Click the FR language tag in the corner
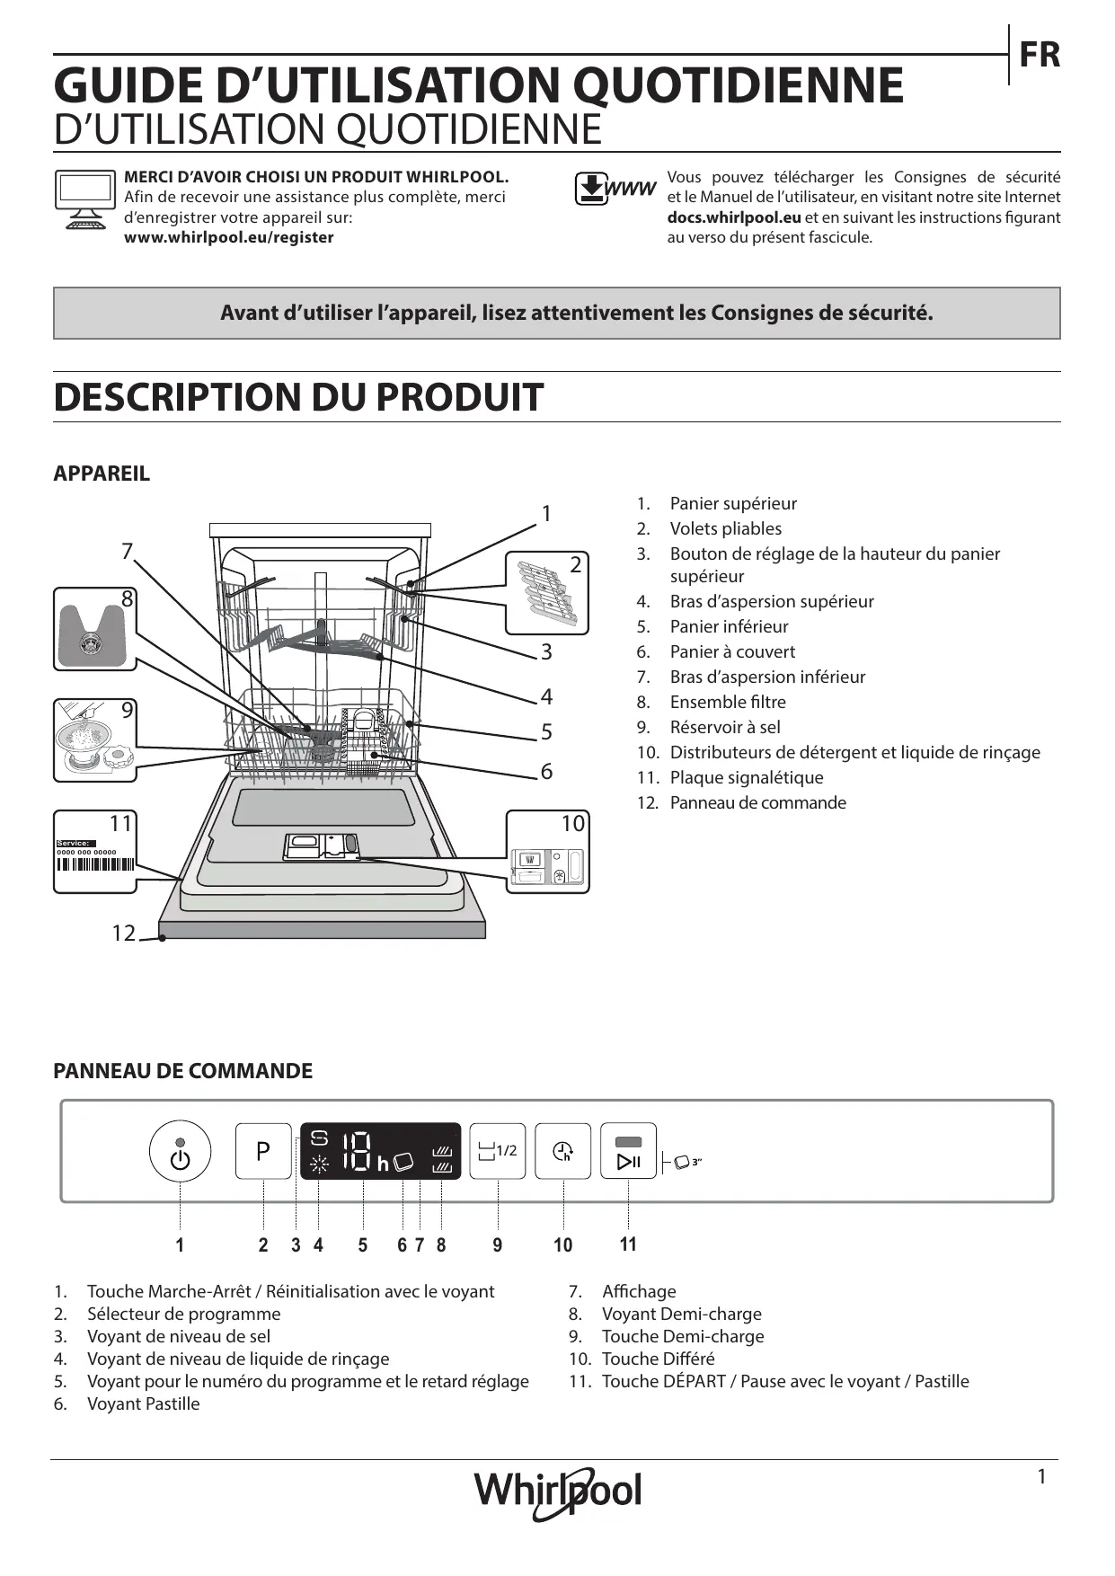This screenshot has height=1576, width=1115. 1039,56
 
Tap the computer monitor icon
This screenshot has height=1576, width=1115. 85,199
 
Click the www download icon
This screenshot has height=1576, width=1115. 615,189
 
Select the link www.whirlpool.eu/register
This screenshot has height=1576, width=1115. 228,237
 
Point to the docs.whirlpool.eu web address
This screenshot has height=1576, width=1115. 734,217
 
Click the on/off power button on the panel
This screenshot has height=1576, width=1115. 180,1151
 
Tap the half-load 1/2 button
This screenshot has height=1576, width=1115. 499,1151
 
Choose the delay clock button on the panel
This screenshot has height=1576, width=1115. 563,1151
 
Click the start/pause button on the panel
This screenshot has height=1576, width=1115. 628,1151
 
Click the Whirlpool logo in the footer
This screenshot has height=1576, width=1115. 558,1492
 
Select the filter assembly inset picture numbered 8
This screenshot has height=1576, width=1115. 94,628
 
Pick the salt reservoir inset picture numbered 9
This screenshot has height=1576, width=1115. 94,740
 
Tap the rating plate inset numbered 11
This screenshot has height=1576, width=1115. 94,851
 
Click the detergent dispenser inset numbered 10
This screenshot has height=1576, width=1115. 547,852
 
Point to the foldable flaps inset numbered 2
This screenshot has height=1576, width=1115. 547,593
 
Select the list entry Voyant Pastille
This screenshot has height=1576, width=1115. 143,1403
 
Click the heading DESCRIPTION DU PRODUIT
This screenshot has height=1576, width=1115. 298,397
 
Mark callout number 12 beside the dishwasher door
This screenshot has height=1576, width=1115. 123,934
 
